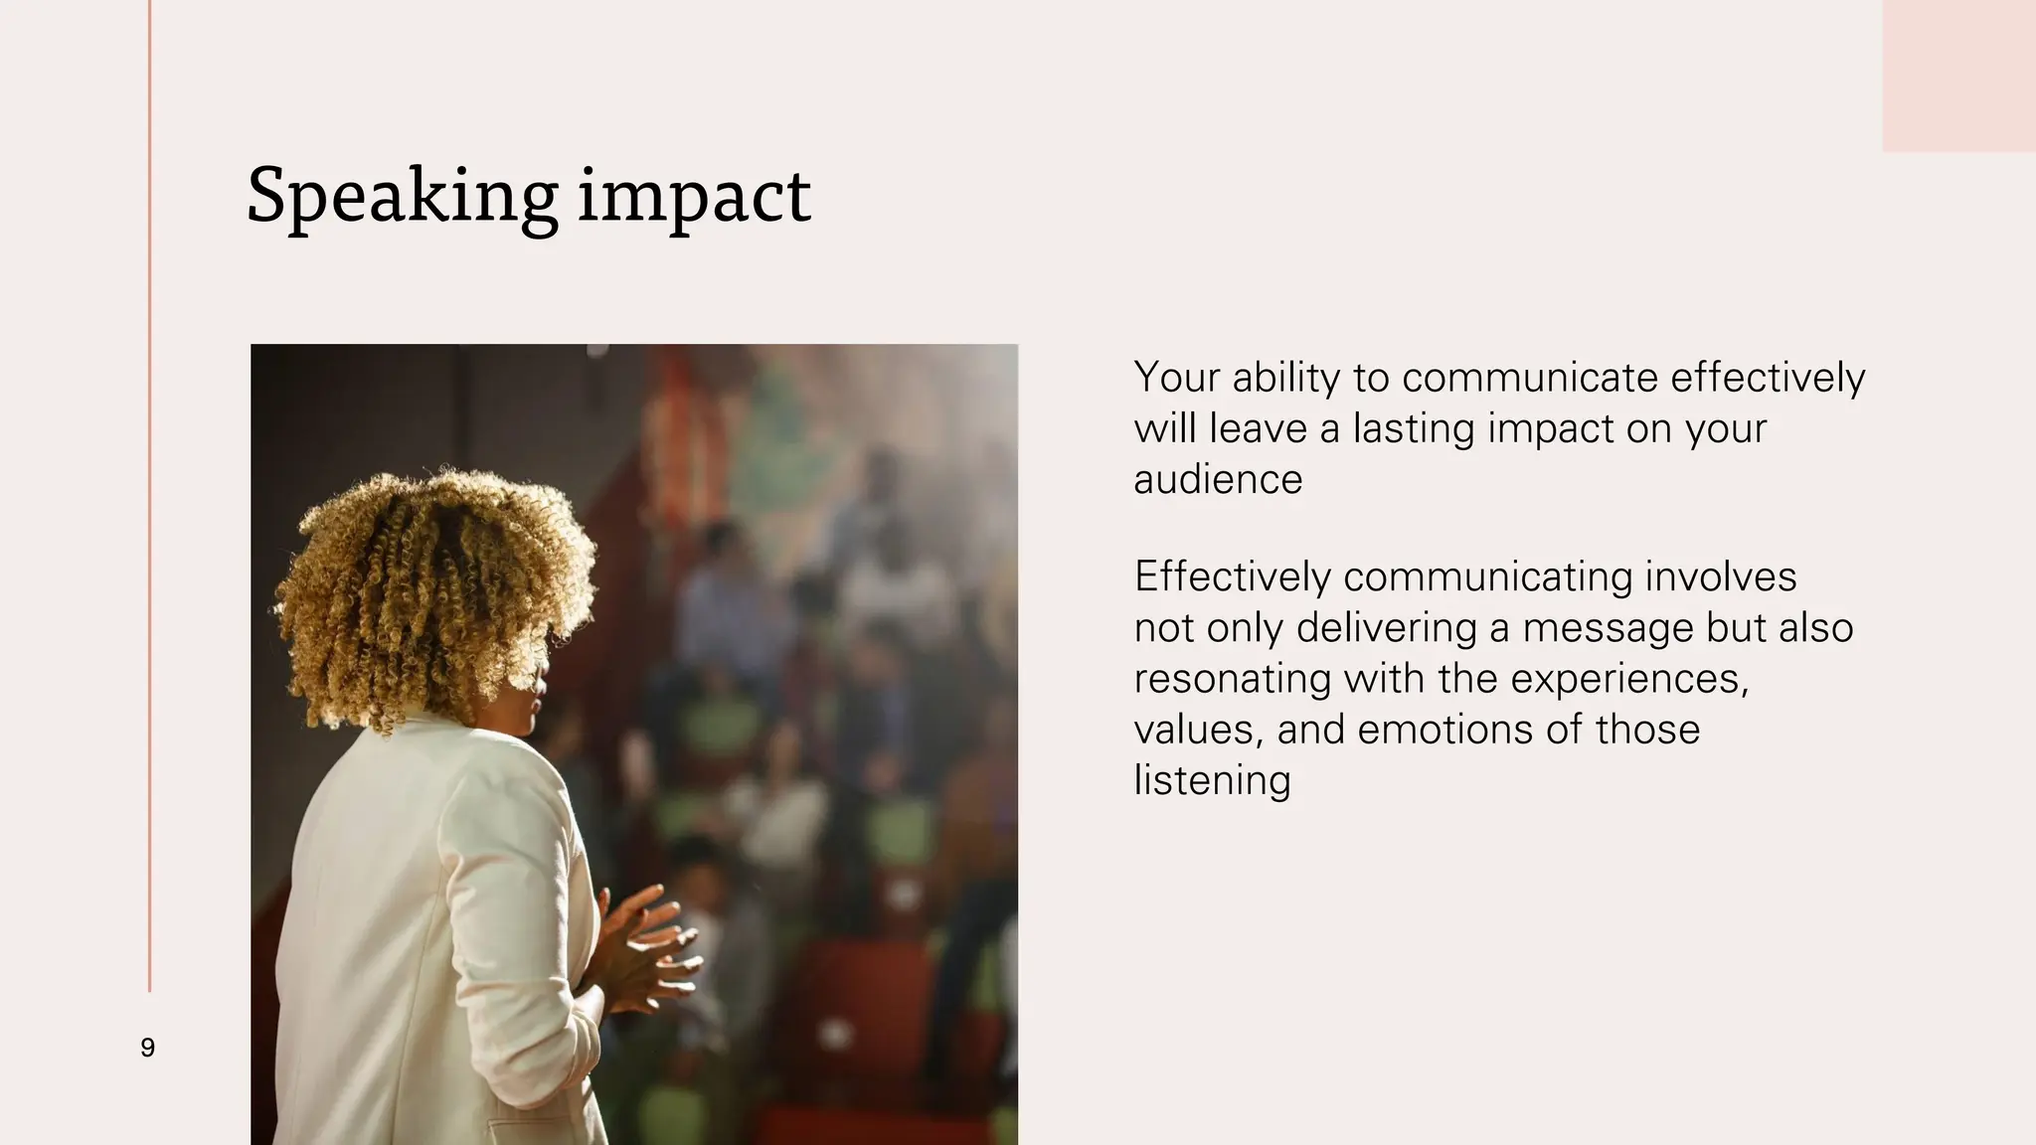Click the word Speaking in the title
(402, 197)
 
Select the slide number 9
(148, 1048)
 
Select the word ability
(1286, 379)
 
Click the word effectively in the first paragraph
(1768, 379)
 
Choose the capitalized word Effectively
(1232, 577)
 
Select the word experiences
(1629, 680)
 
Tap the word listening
(1212, 781)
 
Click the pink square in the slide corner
(1958, 76)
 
